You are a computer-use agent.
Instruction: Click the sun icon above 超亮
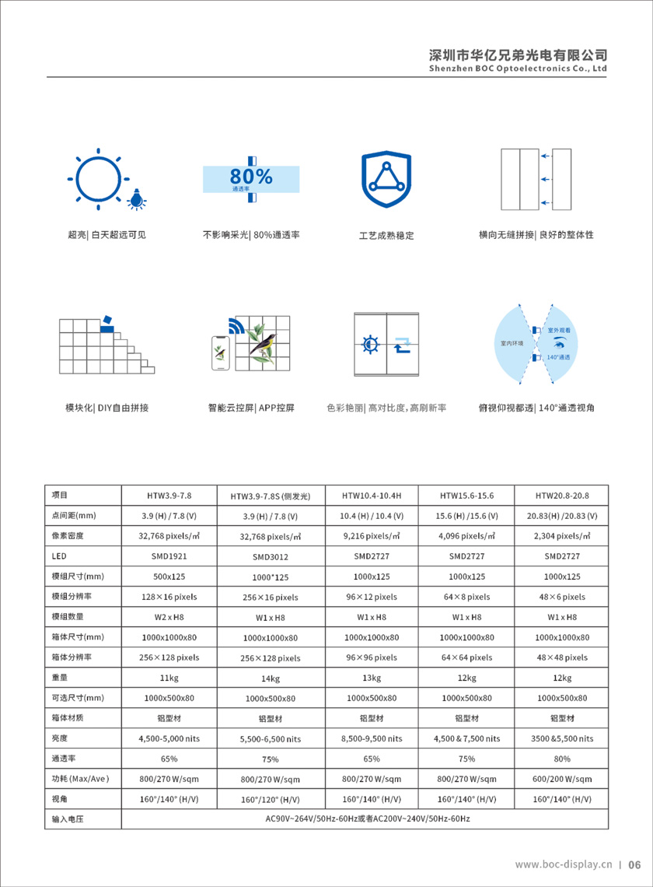pos(97,178)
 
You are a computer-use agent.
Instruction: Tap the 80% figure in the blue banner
pos(251,177)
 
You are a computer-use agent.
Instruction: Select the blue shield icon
pos(386,180)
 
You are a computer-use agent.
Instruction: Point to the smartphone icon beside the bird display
pos(222,354)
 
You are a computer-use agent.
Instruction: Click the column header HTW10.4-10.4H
pos(372,495)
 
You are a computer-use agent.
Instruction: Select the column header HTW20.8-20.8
pos(563,495)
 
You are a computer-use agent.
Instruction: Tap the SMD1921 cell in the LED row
pos(169,556)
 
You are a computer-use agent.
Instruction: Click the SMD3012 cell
pos(270,557)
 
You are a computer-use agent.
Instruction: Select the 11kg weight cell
pos(169,678)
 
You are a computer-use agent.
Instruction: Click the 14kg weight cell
pos(270,678)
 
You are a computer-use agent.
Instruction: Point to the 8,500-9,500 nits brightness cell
pos(372,738)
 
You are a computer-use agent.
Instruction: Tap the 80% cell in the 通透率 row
pos(563,759)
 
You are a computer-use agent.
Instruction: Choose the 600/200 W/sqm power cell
pos(563,779)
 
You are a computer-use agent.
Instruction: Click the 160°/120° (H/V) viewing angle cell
pos(270,800)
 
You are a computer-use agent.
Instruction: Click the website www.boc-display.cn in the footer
pos(564,864)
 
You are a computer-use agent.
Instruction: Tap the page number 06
pos(634,864)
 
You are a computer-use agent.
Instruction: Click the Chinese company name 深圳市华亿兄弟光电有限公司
pos(518,55)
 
